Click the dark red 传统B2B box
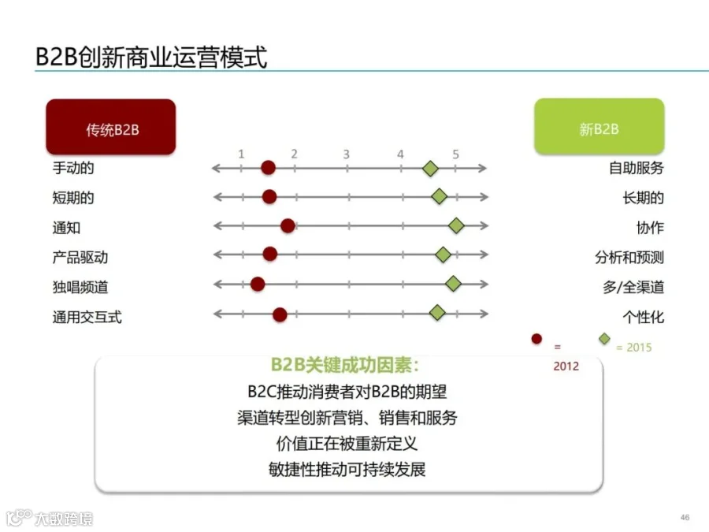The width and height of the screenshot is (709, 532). click(x=111, y=127)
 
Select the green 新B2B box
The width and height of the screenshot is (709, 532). click(x=599, y=127)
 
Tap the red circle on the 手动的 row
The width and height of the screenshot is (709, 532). click(x=268, y=168)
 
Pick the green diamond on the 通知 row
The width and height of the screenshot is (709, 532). click(x=456, y=226)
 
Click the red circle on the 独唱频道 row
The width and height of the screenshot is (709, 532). click(x=258, y=284)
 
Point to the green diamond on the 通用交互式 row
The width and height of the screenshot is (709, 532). click(x=437, y=313)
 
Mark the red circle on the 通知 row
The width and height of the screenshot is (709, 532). click(x=288, y=226)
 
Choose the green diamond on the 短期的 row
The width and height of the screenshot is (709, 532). click(x=439, y=197)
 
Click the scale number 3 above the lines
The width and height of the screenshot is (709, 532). click(x=346, y=154)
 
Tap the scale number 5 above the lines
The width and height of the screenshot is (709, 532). click(x=455, y=154)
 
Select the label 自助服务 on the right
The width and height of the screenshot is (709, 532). click(x=637, y=168)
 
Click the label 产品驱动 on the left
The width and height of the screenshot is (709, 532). click(x=80, y=257)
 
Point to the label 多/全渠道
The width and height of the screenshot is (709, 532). click(x=633, y=287)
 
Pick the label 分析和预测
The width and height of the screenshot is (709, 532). click(x=629, y=257)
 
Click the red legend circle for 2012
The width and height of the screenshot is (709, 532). click(x=536, y=340)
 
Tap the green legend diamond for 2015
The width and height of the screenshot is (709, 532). click(x=604, y=340)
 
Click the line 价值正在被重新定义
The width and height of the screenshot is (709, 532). click(x=347, y=443)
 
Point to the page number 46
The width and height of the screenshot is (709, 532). click(x=685, y=517)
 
